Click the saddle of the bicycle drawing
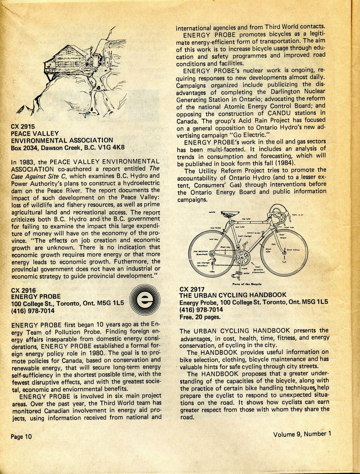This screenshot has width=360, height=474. point(229,214)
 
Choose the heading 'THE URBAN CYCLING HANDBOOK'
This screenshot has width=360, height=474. point(233,295)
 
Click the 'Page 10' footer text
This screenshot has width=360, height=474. point(21,436)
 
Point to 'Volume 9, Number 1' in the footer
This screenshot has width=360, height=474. point(302,434)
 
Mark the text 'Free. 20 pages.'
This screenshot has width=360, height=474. point(200,316)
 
